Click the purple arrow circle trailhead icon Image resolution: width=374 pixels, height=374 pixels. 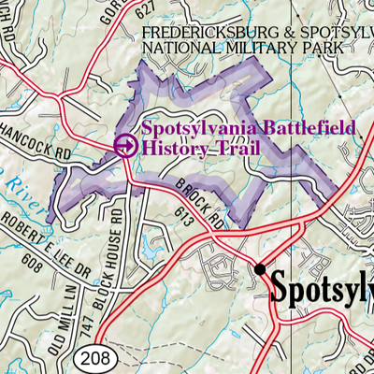(124, 145)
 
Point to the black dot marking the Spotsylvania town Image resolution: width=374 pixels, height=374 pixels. (259, 269)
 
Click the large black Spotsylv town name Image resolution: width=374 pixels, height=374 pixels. (322, 284)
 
